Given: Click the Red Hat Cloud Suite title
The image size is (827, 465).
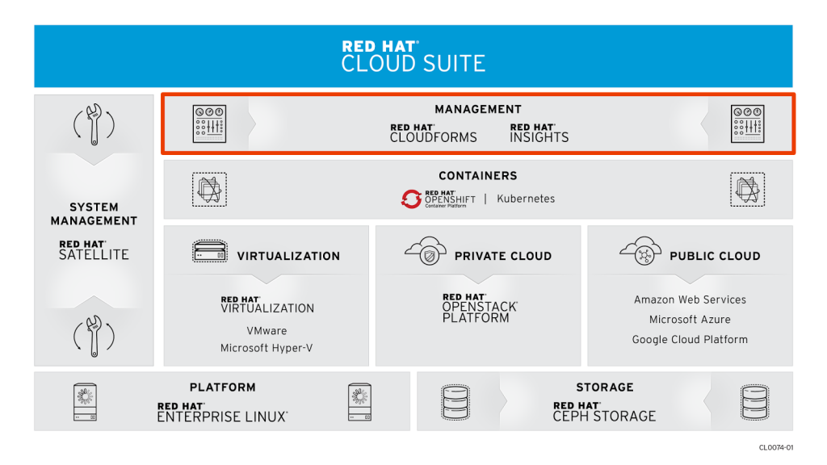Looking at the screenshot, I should pos(413,57).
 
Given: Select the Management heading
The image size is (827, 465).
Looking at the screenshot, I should pos(478,109).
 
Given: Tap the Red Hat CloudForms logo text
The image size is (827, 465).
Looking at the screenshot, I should pos(433,134).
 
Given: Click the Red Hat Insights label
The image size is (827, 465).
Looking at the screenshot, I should pos(539,134).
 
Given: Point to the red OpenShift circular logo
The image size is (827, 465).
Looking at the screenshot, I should pos(411,199).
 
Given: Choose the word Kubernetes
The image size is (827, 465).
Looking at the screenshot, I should pos(526,199).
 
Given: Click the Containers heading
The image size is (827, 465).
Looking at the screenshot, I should pos(478,175).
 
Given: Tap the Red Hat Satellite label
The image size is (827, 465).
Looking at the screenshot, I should pos(94,249).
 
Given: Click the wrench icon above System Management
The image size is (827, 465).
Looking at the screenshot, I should pos(94,124).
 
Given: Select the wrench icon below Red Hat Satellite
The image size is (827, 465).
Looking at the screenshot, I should pos(94,336).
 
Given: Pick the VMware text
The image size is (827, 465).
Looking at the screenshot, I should pos(267,331).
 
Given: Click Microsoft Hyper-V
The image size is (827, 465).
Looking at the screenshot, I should pos(267,348).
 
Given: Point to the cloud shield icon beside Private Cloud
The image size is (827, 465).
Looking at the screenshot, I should pos(426,252).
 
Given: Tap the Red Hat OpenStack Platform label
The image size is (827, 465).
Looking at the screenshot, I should pos(479,308).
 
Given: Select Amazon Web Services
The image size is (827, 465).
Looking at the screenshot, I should pos(690,300).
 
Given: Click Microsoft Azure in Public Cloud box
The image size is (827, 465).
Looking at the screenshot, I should pos(690,320).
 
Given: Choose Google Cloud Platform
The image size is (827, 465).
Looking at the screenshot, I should pos(690,340).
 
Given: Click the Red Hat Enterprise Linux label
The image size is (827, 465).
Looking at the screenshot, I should pos(222,413).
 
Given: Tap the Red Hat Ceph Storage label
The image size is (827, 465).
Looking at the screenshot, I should pos(604,413).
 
